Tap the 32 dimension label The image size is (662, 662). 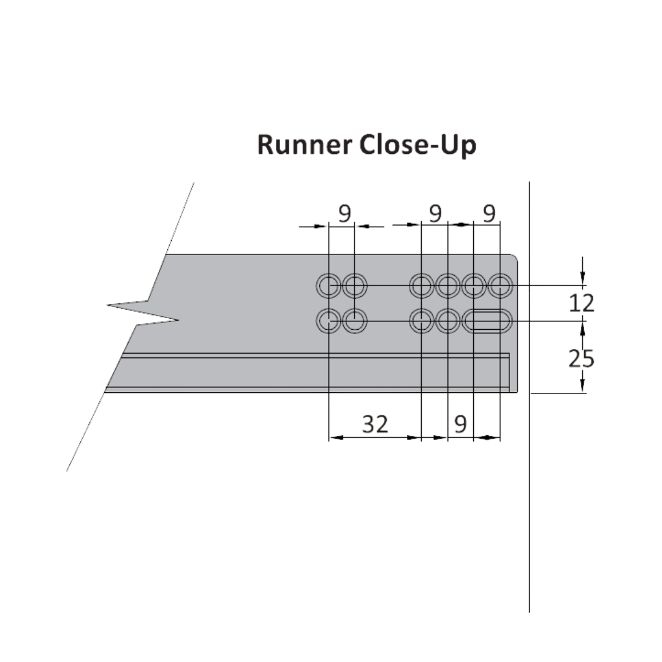[375, 424]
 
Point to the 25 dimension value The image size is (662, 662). [581, 359]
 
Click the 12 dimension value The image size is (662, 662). [581, 303]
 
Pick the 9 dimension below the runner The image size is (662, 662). [461, 424]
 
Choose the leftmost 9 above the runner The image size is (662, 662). [344, 213]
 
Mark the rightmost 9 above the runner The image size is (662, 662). [489, 213]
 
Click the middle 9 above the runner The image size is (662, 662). [435, 213]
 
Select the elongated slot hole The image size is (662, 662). [488, 321]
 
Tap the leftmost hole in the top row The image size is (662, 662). [329, 286]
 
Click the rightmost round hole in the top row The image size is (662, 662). [500, 286]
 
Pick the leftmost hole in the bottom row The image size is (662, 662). [329, 321]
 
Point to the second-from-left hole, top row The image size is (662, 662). [355, 286]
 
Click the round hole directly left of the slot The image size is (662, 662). [448, 321]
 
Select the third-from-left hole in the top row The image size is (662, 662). [422, 286]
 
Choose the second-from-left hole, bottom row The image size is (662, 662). [355, 321]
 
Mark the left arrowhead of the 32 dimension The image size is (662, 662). [335, 438]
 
